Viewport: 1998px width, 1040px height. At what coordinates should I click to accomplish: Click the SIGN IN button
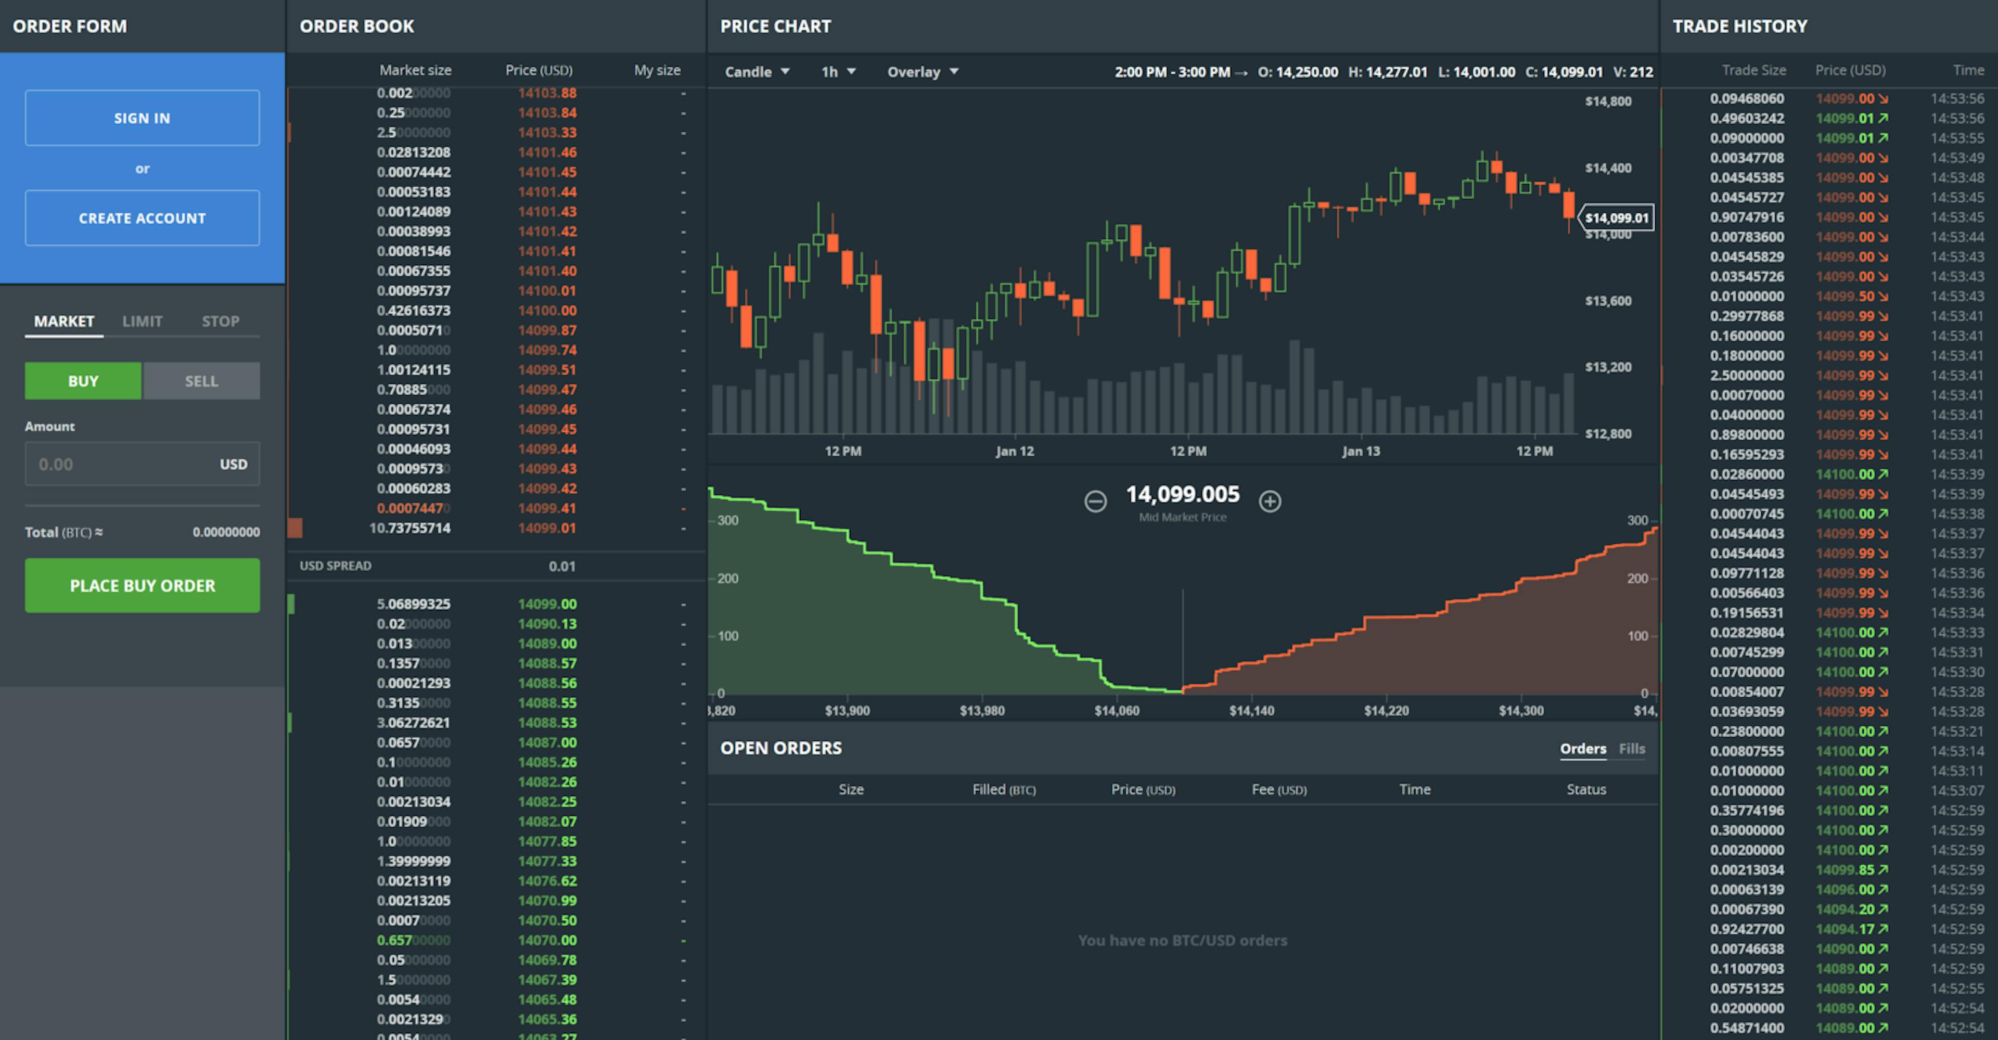pos(142,118)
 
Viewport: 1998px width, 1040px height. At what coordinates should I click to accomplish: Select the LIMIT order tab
pos(142,321)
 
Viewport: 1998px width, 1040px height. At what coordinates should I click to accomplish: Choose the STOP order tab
pos(220,321)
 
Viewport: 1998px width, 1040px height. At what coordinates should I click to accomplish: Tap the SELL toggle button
pos(201,381)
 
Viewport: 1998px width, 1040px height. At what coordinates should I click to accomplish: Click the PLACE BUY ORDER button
pos(142,585)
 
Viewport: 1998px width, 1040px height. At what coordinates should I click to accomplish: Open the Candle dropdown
pos(756,71)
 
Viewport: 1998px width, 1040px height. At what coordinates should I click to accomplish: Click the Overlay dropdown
pos(922,71)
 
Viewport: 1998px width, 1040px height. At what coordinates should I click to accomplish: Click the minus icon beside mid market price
pos(1095,501)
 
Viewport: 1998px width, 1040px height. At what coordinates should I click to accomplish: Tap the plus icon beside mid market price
pos(1270,501)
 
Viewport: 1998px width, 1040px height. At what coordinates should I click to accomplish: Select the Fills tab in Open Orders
pos(1631,749)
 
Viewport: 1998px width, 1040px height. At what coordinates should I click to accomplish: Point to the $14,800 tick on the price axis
pos(1608,101)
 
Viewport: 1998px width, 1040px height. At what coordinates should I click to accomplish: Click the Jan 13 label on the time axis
pos(1361,451)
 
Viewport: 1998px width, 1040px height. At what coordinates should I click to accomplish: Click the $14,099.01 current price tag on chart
pos(1617,218)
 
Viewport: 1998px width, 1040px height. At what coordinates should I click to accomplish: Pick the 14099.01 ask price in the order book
pos(547,528)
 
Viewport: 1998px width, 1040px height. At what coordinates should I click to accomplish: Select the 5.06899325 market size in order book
pos(414,604)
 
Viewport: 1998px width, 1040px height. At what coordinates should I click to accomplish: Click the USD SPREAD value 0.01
pos(561,566)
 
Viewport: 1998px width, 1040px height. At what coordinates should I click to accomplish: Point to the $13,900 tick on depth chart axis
pos(847,710)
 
